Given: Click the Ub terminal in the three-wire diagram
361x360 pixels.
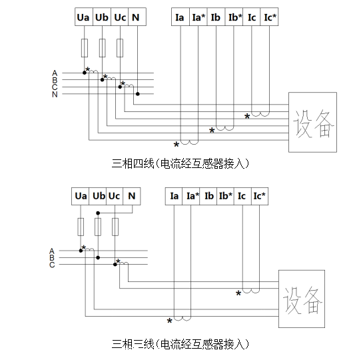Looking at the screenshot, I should coord(98,196).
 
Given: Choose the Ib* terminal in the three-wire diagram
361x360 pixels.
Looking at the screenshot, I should coord(225,196).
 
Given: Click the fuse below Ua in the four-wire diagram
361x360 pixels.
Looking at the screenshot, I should coord(84,48).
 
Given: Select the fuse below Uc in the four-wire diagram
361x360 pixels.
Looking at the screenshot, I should coord(120,48).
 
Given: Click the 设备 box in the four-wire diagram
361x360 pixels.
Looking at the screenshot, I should coord(312,121).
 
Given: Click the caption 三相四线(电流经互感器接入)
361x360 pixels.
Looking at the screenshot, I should coord(180,162).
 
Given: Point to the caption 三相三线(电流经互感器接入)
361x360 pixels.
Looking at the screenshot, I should coord(180,344).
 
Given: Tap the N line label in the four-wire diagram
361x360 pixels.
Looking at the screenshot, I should coord(55,94).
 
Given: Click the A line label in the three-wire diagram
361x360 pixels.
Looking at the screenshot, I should coord(52,251).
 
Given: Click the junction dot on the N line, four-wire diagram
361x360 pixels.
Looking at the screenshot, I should coord(137,94).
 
